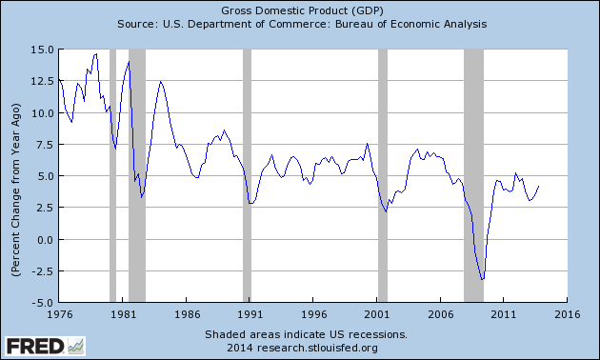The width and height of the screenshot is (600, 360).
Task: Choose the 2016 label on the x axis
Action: (568, 312)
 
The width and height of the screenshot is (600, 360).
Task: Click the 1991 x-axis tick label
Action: (250, 312)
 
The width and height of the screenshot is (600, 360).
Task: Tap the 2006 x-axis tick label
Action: (440, 312)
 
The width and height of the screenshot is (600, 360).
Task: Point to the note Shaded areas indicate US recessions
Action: (306, 334)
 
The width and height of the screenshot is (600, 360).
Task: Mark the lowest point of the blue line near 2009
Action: (483, 279)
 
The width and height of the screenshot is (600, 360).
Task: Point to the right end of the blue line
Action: (539, 187)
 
